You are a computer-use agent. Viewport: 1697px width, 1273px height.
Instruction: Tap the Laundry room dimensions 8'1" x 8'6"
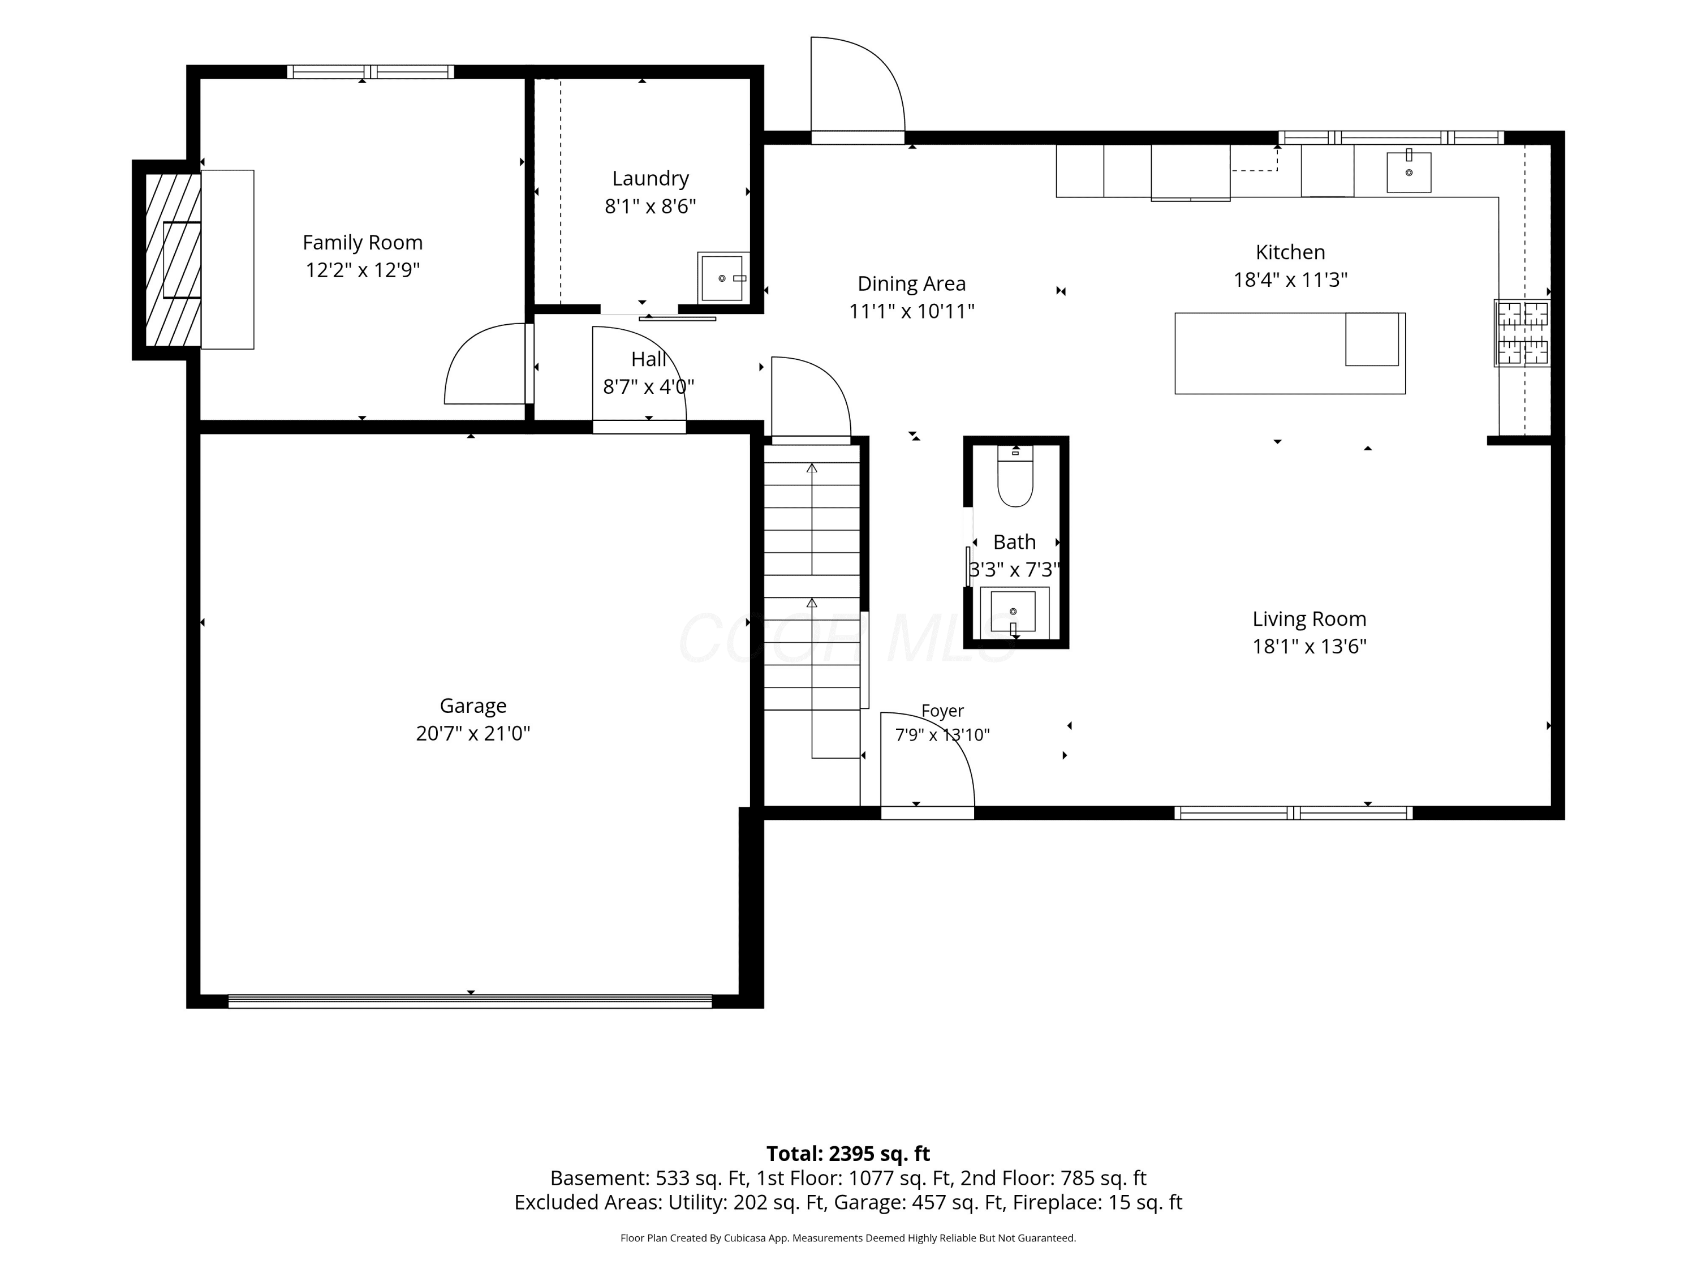[650, 207]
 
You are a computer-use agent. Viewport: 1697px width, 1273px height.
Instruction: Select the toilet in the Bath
[1015, 476]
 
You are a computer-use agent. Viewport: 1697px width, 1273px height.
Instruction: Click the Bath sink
[1014, 612]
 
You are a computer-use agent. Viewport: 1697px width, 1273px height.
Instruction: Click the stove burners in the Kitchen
[1522, 333]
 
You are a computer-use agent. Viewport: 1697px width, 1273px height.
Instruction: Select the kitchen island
[1290, 354]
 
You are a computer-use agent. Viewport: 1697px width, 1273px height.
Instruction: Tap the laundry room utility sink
[723, 278]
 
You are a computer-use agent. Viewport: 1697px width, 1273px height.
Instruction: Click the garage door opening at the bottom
[470, 1001]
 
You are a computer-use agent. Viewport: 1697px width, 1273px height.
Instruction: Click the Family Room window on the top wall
[371, 72]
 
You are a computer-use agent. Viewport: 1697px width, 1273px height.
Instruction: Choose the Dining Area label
[911, 284]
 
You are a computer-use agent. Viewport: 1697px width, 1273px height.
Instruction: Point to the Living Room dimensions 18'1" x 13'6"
[1310, 646]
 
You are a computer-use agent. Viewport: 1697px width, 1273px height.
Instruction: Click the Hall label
[648, 359]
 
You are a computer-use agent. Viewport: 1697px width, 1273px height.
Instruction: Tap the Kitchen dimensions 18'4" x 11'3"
[1290, 280]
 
